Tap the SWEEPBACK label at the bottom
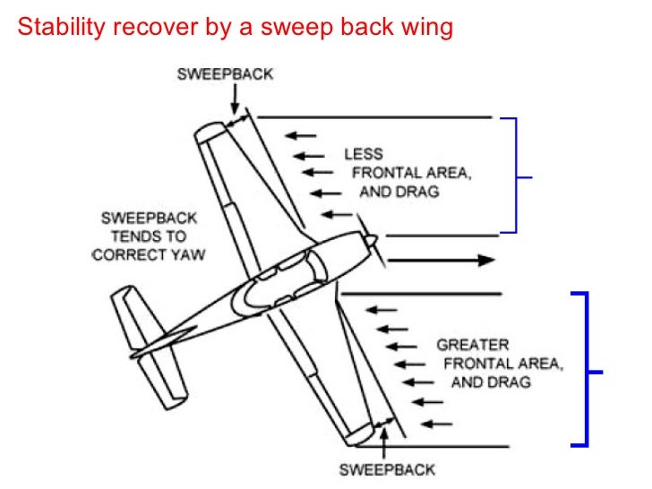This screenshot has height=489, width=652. (x=386, y=469)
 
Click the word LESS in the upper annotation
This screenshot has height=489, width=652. (x=364, y=155)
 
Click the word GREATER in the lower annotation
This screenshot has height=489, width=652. (x=472, y=345)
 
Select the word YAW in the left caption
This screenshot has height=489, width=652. (x=189, y=255)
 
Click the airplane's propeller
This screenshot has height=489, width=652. (x=368, y=239)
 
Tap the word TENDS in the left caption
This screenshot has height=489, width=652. (x=149, y=236)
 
